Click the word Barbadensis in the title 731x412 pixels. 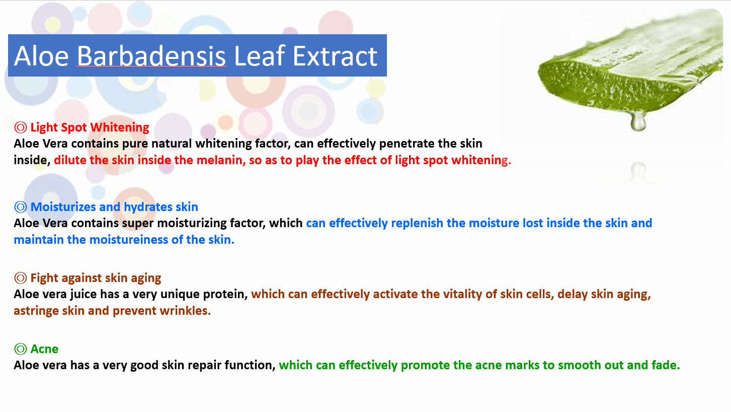tap(151, 56)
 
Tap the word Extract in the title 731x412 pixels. tap(335, 56)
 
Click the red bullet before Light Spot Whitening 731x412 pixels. tap(20, 127)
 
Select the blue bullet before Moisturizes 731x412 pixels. tap(20, 207)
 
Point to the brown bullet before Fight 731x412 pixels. tap(20, 278)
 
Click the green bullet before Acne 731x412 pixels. tap(20, 349)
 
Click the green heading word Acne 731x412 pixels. tap(44, 349)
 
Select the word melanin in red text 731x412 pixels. tap(220, 160)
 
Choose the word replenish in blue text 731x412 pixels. tap(417, 223)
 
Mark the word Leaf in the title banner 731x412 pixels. tap(259, 56)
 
